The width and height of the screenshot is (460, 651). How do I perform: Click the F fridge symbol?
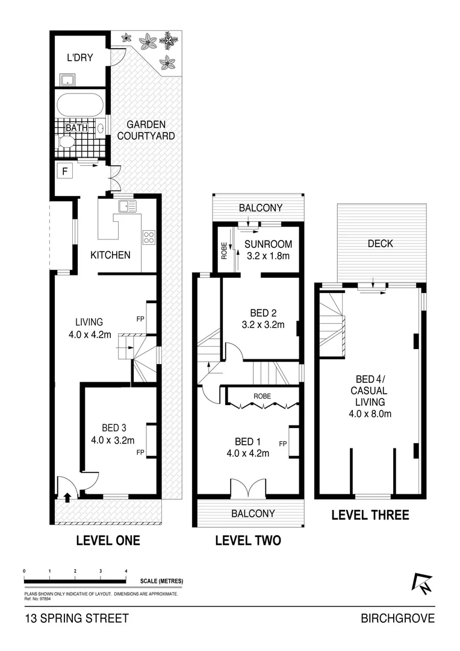(x=64, y=171)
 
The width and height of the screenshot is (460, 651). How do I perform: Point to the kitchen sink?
(x=127, y=206)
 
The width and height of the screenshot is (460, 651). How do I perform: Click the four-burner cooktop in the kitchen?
(x=149, y=237)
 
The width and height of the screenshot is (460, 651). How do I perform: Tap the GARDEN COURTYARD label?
(x=146, y=130)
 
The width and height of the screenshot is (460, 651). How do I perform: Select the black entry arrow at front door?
(x=66, y=497)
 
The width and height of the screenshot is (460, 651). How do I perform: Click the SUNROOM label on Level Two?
(x=268, y=244)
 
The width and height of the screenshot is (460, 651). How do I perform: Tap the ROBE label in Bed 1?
(x=262, y=397)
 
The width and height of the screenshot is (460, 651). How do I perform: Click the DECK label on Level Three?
(x=380, y=244)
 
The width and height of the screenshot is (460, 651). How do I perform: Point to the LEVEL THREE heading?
(x=370, y=515)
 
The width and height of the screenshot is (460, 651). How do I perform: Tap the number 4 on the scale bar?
(x=126, y=570)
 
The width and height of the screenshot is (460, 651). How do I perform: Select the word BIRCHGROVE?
(x=397, y=618)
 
